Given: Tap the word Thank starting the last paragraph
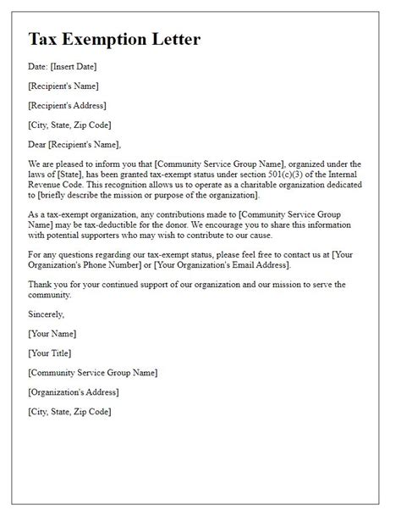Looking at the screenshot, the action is (x=41, y=284).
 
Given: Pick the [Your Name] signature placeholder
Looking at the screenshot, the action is (x=52, y=333).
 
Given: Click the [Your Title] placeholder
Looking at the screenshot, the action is (x=51, y=352).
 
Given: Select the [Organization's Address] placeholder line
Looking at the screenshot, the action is (x=73, y=391).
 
